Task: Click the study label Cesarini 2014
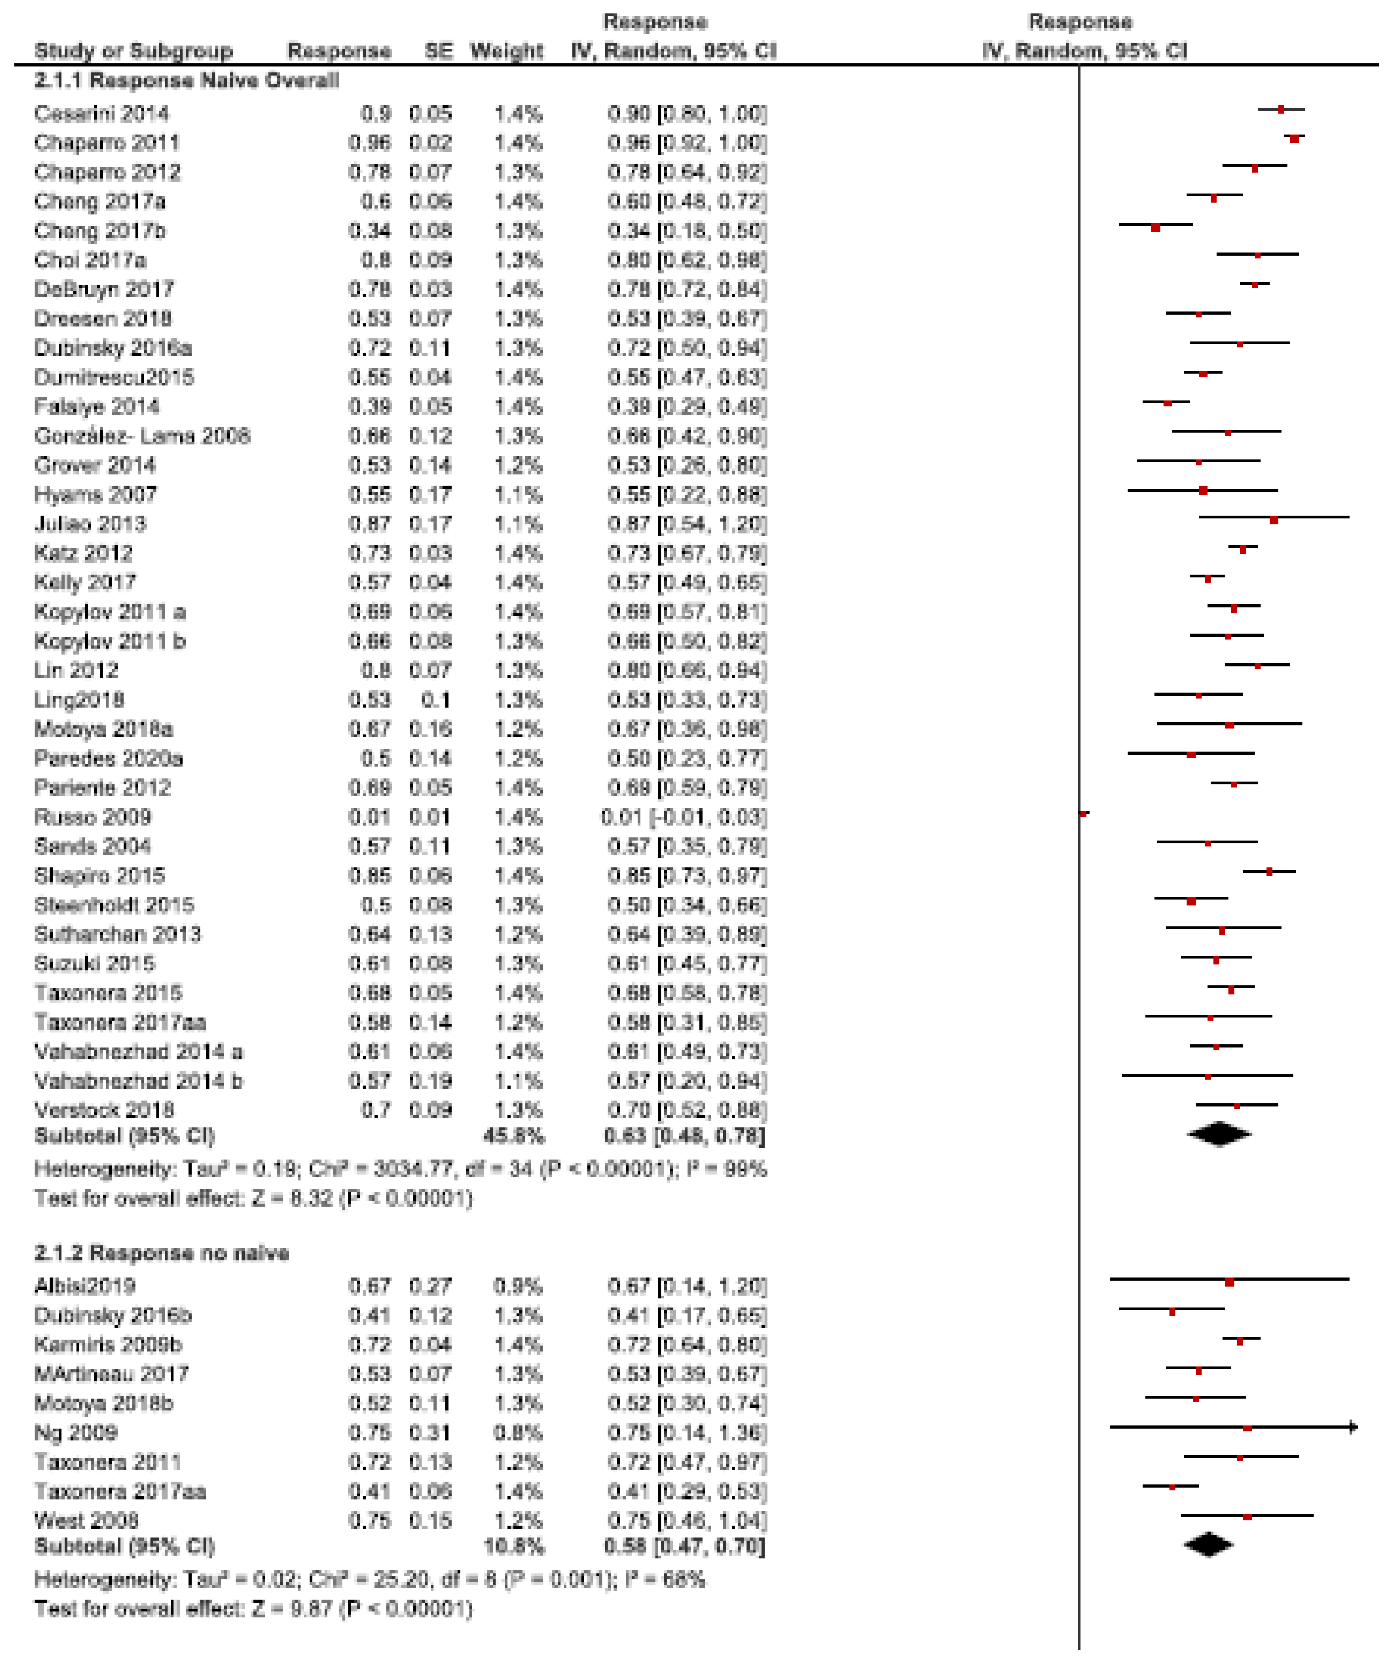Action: coord(101,113)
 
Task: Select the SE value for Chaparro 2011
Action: coord(430,143)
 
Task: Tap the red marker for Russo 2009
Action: coord(1084,813)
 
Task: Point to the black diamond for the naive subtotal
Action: coord(1219,1135)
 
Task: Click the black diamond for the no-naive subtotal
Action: coord(1208,1545)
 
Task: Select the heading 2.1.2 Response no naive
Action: coord(161,1253)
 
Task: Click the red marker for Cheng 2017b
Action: coord(1156,228)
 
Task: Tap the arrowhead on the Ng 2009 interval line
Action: coord(1354,1427)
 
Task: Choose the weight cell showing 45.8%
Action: coord(513,1136)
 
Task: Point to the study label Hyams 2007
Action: coord(95,495)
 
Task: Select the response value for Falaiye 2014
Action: coord(369,407)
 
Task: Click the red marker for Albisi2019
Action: coord(1229,1282)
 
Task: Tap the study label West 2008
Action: coord(86,1520)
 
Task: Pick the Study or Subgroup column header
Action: coord(133,51)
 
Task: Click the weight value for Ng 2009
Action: coord(518,1432)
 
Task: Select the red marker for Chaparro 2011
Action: coord(1294,139)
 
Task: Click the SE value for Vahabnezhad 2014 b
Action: coord(430,1080)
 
